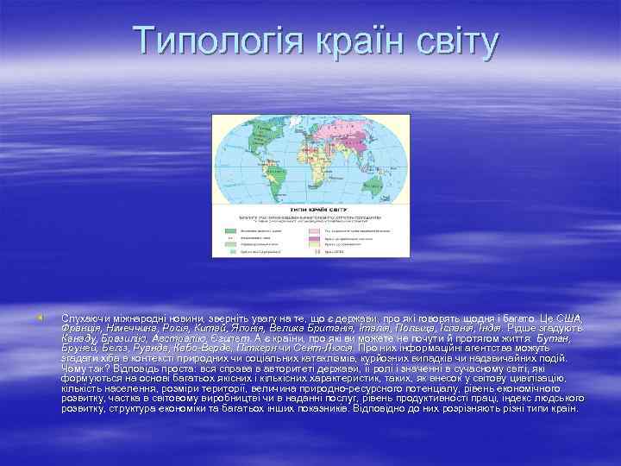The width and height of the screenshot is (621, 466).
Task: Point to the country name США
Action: tap(570, 318)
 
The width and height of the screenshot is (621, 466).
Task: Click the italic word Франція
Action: tap(80, 329)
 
